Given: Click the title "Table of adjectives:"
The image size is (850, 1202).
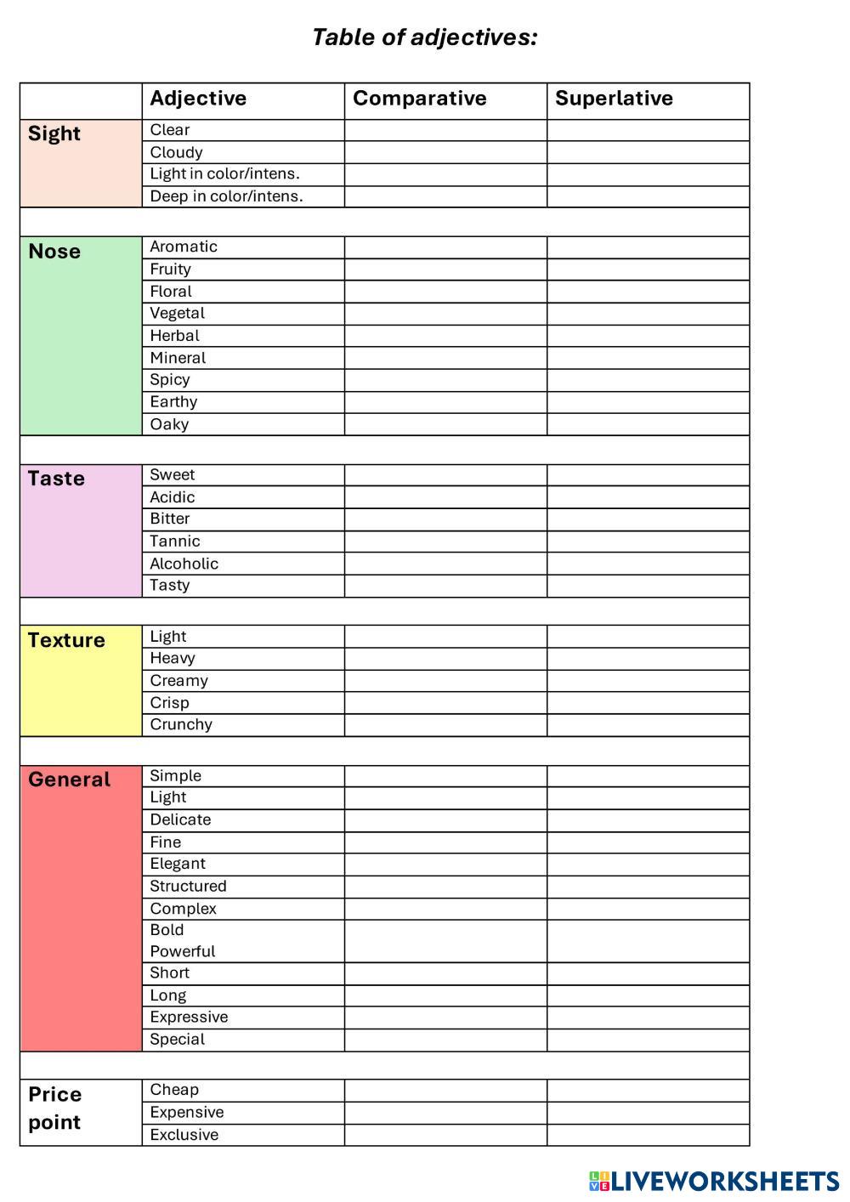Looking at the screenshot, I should [424, 37].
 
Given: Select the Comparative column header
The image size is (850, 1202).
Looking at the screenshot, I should [420, 99].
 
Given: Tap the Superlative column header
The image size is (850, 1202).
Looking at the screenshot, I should [614, 99].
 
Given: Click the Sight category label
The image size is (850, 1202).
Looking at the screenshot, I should [54, 134].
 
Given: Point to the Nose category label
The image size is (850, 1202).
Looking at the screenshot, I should [54, 252].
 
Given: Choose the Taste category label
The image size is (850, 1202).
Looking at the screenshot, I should [56, 479].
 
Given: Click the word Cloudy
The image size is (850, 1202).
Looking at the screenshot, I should [176, 153].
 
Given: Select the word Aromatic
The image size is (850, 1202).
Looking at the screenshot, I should [184, 247].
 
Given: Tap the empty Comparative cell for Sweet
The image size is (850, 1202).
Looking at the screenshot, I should [445, 475].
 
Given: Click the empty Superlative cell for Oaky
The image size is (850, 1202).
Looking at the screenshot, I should [648, 424].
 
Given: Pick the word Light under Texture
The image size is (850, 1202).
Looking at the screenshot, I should [168, 637].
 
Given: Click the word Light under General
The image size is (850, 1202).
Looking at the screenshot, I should [168, 797].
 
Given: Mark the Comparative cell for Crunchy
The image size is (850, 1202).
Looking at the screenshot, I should [445, 725].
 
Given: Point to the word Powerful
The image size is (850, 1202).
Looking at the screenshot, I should [183, 951].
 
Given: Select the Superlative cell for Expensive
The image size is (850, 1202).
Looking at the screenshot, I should [648, 1113].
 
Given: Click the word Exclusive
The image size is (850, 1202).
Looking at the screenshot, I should [184, 1135].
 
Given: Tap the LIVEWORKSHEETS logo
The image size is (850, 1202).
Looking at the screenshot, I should [714, 1181].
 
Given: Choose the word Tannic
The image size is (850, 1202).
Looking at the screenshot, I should [175, 541].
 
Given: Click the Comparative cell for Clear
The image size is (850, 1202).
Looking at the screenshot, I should [445, 130].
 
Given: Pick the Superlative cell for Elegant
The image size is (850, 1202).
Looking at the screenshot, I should [648, 865].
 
